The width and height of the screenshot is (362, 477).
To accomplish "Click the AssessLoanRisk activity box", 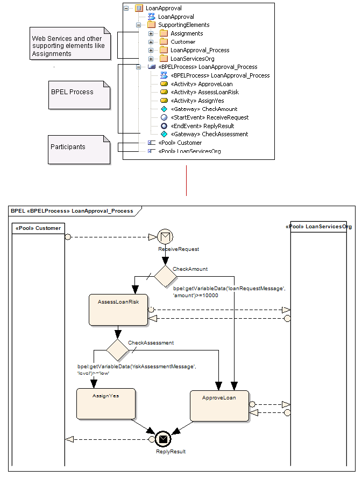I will point(118,310).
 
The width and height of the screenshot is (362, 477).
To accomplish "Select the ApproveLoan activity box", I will point(219,405).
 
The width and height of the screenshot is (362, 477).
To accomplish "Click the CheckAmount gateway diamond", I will point(165,276).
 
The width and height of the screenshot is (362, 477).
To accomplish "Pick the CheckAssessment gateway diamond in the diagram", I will point(117,350).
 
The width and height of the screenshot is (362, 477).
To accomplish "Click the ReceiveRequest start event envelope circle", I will point(165,236).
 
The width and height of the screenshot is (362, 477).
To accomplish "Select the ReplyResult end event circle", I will point(164,439).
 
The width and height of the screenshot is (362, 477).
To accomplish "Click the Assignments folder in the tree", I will point(186,33).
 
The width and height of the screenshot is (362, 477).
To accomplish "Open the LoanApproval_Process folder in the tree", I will point(200,50).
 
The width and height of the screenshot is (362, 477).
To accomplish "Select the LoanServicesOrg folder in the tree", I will point(193,59).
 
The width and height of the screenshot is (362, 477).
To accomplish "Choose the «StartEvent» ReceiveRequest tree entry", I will point(209,117).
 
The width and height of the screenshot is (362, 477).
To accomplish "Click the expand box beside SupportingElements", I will point(139,25).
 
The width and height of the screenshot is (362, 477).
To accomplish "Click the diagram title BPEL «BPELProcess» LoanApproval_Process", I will point(72,211).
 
